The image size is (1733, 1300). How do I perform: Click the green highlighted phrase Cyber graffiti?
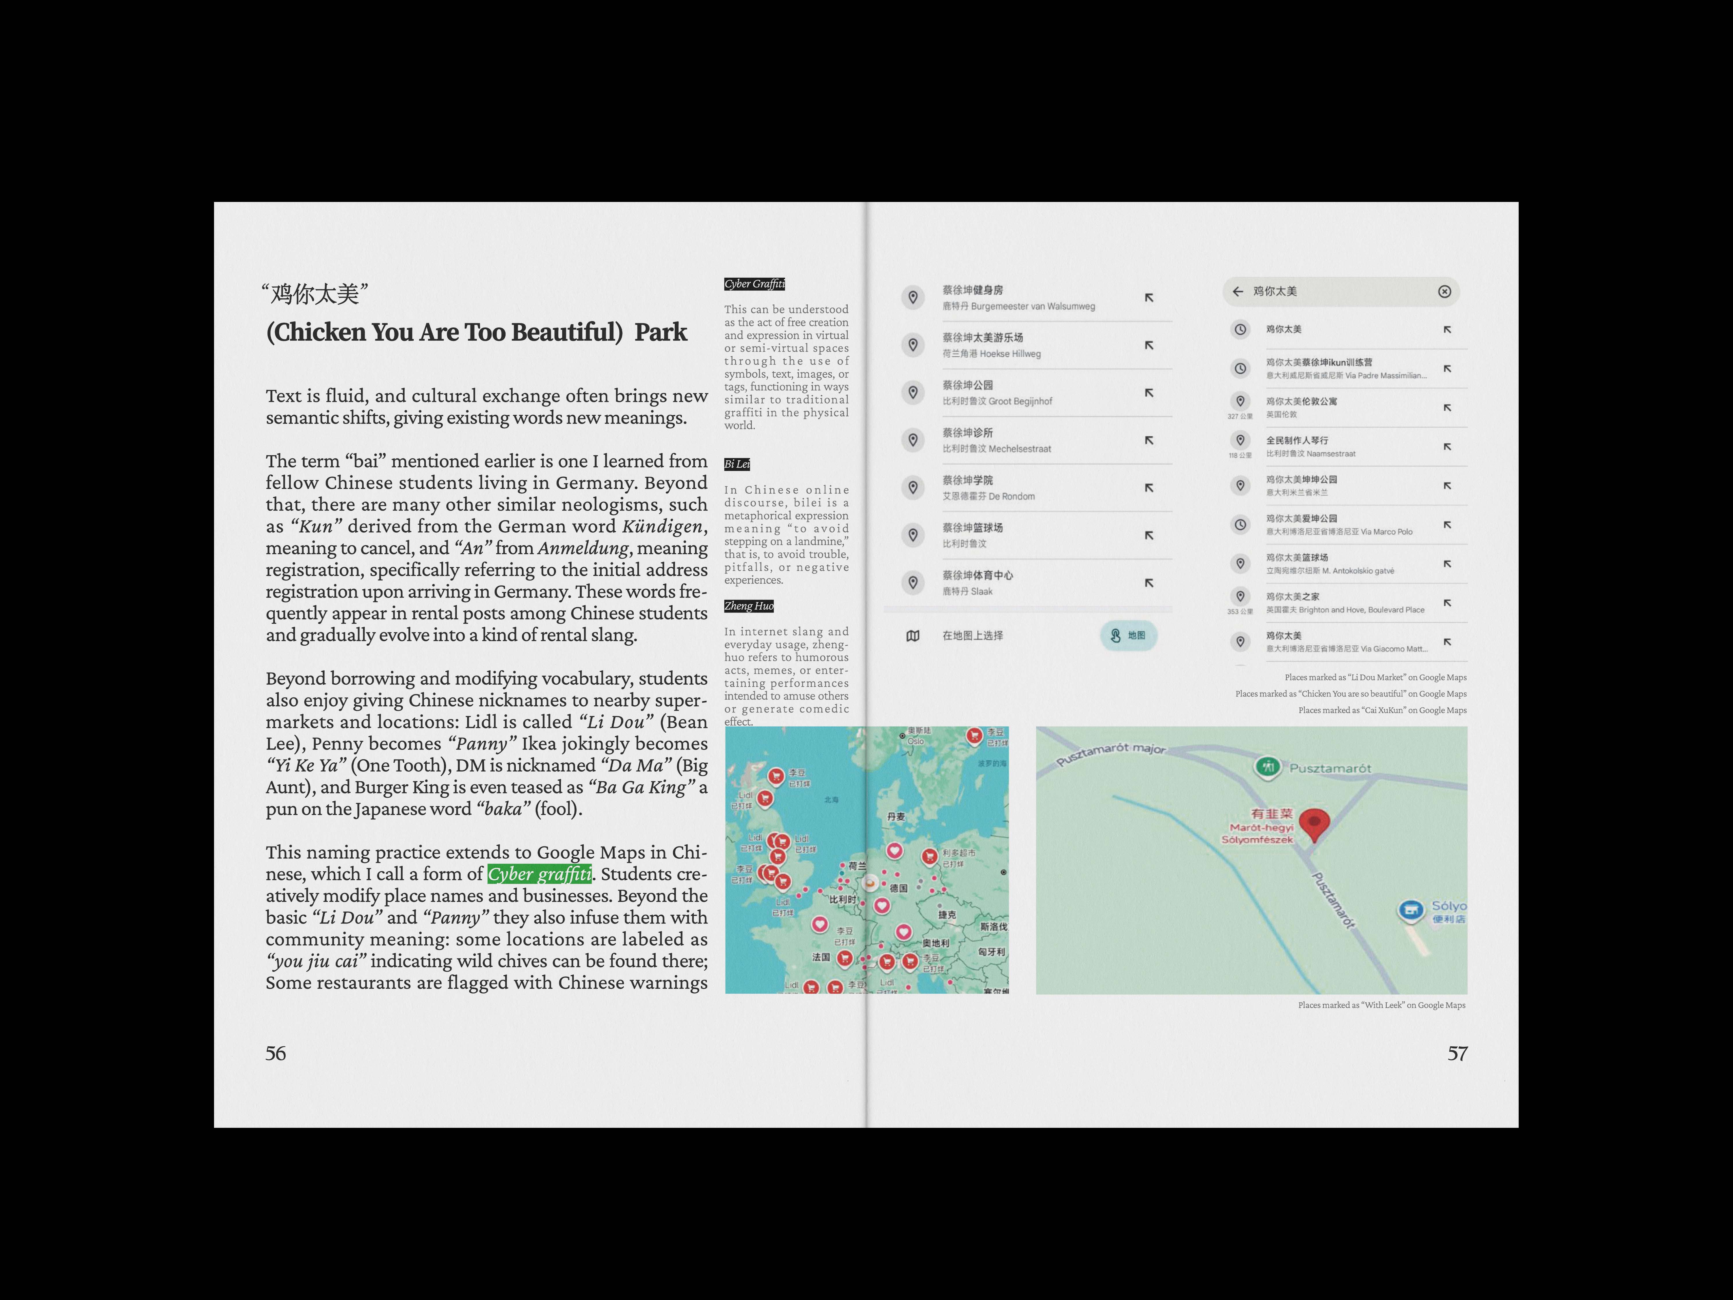(x=539, y=874)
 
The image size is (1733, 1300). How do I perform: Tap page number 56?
(x=276, y=1053)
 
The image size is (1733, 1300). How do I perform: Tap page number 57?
(x=1456, y=1053)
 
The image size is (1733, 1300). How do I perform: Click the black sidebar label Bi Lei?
(x=737, y=464)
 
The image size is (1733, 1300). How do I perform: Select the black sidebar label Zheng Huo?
(x=748, y=606)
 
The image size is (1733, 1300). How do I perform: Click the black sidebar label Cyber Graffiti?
(x=754, y=284)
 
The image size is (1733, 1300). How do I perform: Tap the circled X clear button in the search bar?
(x=1444, y=291)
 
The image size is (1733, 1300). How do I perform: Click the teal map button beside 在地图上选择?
(x=1128, y=636)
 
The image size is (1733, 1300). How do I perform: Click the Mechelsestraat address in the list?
(x=996, y=449)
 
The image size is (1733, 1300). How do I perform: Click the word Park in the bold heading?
(x=661, y=332)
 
